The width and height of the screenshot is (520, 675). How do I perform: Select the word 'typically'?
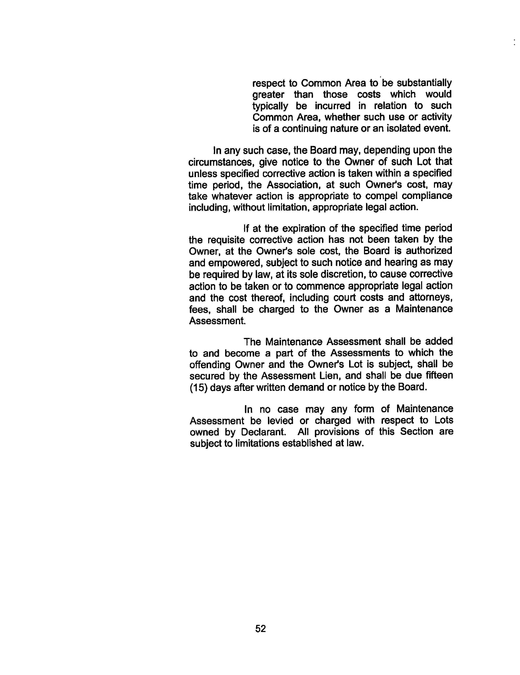pos(270,106)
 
